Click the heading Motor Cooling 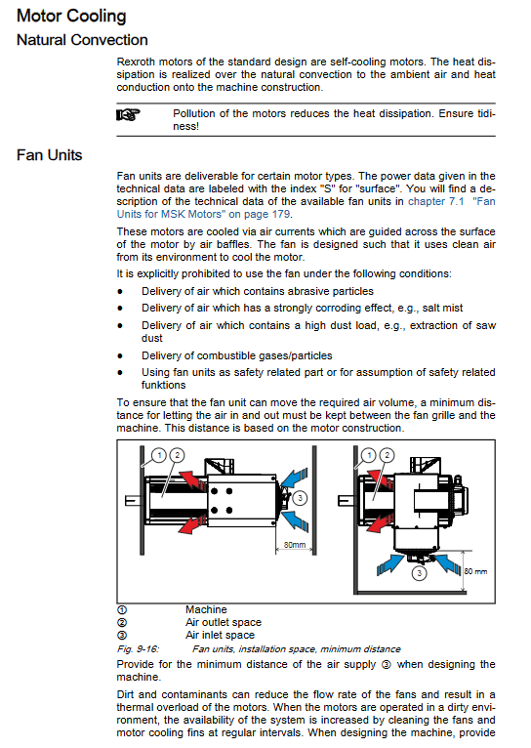click(71, 16)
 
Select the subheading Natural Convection click(82, 40)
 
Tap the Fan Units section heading click(49, 155)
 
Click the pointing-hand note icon click(128, 114)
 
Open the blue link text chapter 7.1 click(435, 201)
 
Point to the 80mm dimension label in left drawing click(295, 544)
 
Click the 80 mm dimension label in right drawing click(475, 571)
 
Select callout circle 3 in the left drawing click(300, 498)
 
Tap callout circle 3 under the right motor click(419, 573)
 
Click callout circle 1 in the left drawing click(159, 455)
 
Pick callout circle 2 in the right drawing click(387, 455)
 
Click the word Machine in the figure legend click(206, 609)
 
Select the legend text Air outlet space click(224, 623)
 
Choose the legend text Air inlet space click(220, 635)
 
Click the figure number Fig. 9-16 click(138, 648)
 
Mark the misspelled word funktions click(163, 385)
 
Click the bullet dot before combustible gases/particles click(120, 355)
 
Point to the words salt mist click(442, 309)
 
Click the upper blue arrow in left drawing click(294, 478)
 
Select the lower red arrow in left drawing click(192, 523)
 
